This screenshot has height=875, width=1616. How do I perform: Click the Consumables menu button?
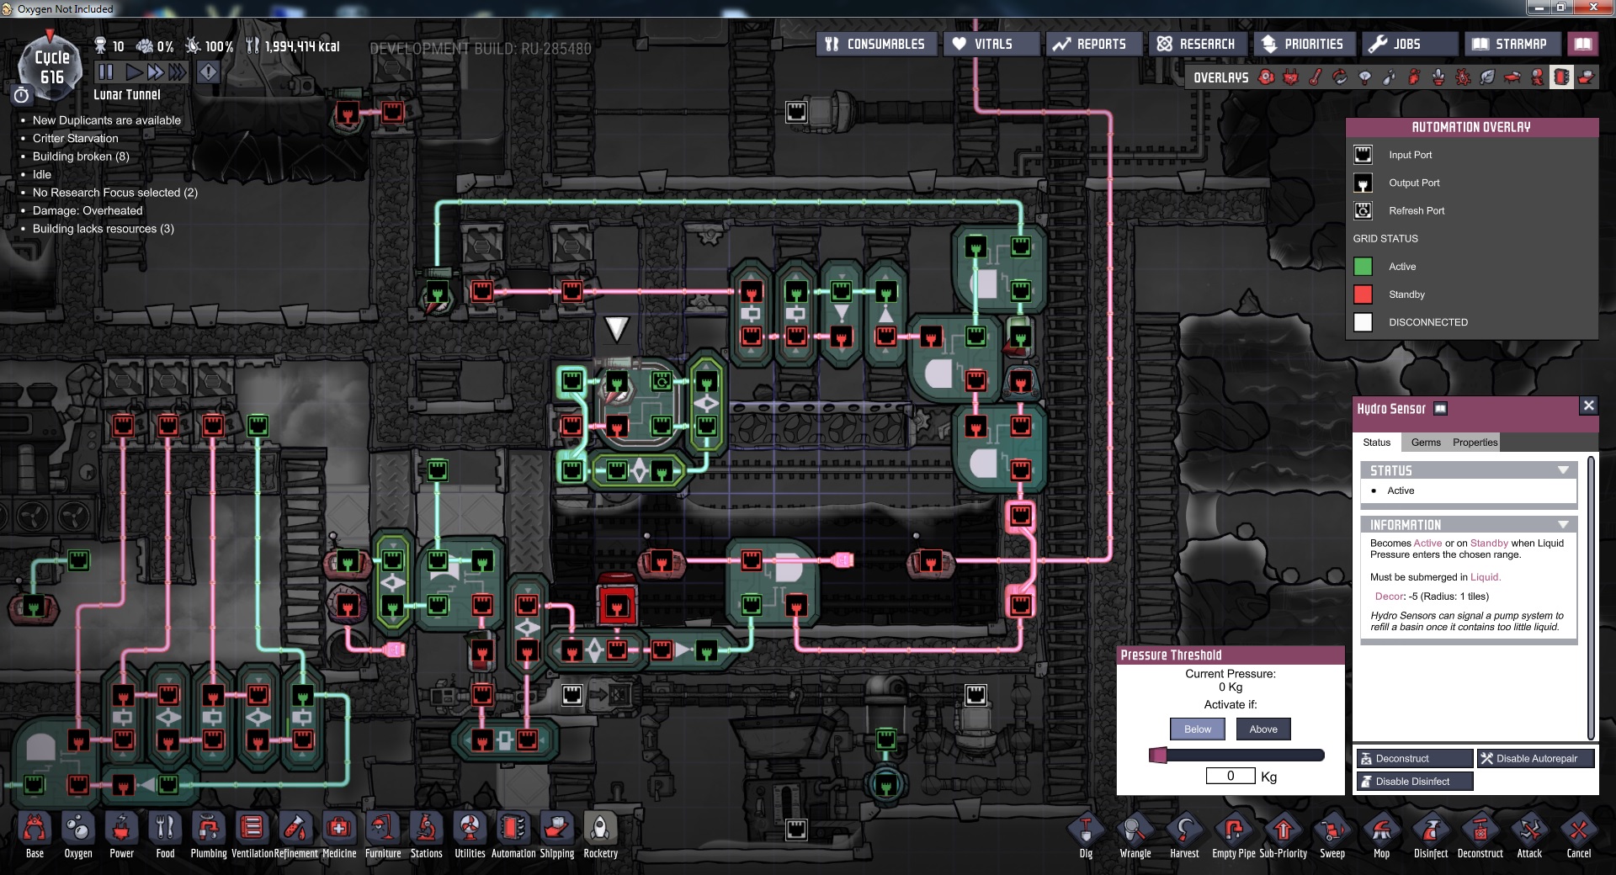875,44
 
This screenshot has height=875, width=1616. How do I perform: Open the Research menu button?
1196,44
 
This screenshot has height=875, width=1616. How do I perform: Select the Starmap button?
1511,44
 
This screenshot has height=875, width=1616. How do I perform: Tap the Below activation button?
1198,729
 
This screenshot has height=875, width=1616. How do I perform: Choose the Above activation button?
1262,729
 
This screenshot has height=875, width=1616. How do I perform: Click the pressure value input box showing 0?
1230,776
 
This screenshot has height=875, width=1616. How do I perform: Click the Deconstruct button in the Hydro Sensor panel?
1414,758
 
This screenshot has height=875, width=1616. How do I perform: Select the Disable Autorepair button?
1535,758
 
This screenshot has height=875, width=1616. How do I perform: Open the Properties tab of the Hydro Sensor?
1475,443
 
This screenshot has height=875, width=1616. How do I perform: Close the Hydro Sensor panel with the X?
1588,406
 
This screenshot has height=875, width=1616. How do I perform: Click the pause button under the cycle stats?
105,72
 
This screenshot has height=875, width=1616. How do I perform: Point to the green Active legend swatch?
1363,267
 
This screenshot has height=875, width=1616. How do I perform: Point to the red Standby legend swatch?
1363,294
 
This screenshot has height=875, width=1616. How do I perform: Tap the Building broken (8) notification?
81,156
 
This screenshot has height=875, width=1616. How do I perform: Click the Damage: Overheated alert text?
88,210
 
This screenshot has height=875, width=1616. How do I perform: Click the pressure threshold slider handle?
1158,755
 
